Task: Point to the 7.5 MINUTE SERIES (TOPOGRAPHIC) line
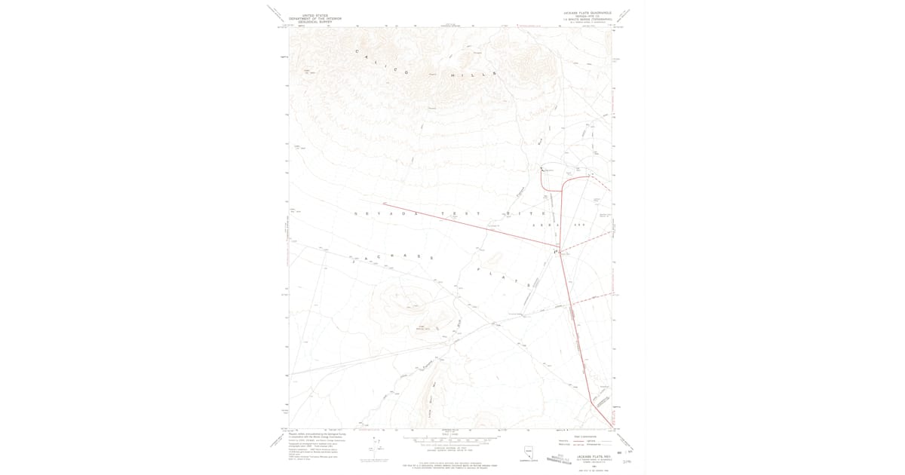[585, 19]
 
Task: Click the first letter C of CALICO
[357, 51]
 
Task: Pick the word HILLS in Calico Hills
[473, 75]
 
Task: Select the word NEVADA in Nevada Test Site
[381, 214]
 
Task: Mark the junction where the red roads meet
[556, 251]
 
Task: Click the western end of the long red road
[384, 203]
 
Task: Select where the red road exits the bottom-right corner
[609, 426]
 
